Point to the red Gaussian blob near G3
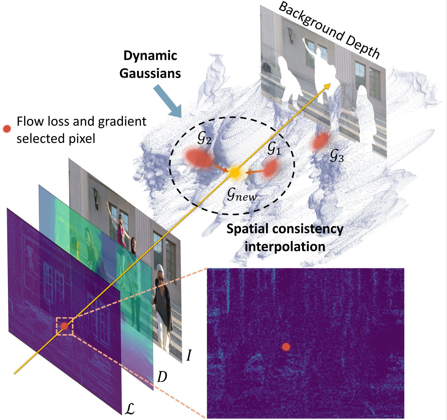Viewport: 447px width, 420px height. [320, 141]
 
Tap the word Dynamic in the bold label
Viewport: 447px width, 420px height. [150, 56]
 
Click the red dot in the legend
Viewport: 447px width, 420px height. [7, 129]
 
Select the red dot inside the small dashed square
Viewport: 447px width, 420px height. [64, 326]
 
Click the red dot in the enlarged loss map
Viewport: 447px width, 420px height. [286, 347]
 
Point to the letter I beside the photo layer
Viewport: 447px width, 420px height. [189, 356]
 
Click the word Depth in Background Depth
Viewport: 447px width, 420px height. [363, 45]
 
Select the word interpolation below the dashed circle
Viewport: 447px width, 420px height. [285, 246]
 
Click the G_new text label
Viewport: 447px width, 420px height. [242, 195]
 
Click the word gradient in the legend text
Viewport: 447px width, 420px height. [122, 122]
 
